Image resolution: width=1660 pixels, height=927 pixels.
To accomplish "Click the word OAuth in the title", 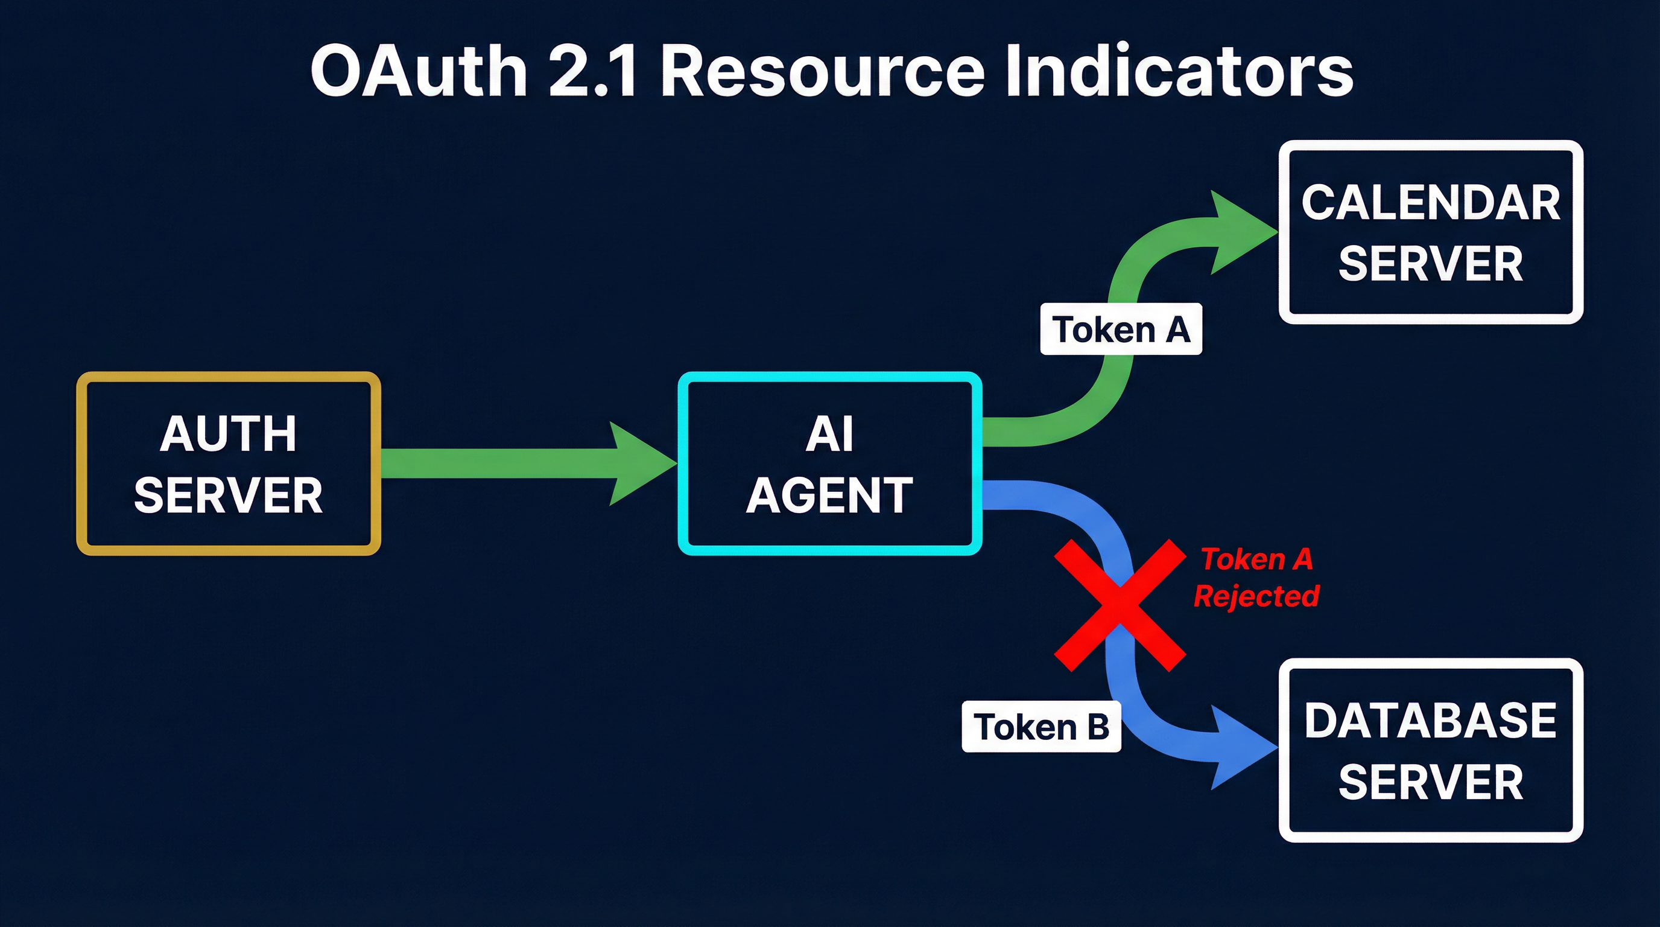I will (419, 71).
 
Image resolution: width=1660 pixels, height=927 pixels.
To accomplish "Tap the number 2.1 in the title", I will (593, 71).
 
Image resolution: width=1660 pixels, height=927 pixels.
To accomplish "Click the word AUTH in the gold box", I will (228, 433).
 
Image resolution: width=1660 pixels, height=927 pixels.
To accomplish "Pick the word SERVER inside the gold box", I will (228, 495).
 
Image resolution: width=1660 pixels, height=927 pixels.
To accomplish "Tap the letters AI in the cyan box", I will (829, 433).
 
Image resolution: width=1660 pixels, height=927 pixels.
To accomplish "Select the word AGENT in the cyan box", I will (829, 495).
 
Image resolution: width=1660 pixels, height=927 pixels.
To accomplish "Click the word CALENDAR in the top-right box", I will (1431, 202).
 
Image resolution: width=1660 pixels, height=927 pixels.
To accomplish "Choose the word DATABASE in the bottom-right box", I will (1431, 720).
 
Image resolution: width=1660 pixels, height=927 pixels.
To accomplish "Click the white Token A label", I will (1121, 330).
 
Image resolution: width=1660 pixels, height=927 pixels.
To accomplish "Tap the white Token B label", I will (1041, 727).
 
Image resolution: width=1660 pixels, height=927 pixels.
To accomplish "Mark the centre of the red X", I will (1120, 605).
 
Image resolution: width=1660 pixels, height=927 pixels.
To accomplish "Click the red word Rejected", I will (1256, 596).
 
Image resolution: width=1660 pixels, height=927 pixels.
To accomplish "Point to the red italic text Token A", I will (1256, 559).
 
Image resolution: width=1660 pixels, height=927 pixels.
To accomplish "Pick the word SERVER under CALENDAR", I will (1431, 264).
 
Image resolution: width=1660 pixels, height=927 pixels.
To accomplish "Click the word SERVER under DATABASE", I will (1431, 782).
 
